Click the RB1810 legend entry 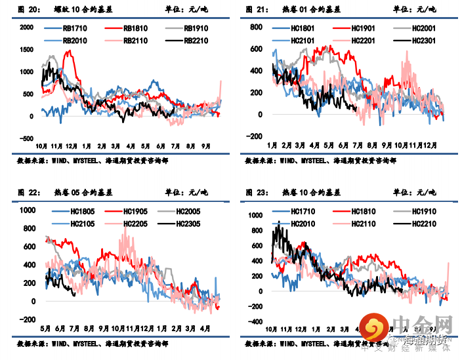[x=136, y=29]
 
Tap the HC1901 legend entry [x=362, y=29]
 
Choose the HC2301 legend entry [x=423, y=40]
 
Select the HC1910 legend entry [x=423, y=212]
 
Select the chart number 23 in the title [x=263, y=193]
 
